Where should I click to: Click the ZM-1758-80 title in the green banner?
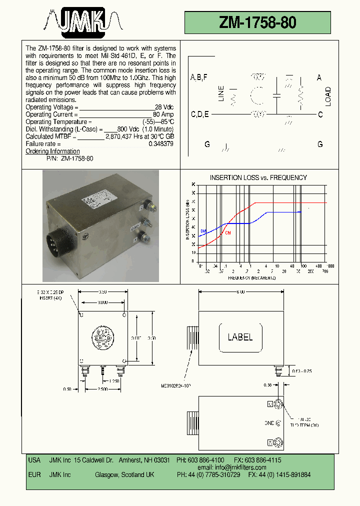tap(257, 22)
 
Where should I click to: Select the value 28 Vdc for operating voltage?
tap(164, 107)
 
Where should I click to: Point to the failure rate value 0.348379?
tap(161, 143)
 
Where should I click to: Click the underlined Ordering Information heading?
tap(52, 151)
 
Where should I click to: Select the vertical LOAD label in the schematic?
tap(328, 96)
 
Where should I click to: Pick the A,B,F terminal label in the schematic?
tap(199, 77)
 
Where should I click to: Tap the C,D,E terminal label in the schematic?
tap(200, 114)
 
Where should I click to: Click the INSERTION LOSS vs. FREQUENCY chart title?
tap(258, 177)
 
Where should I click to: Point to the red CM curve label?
tap(228, 233)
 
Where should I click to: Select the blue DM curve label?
tap(203, 231)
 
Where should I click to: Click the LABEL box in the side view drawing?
tap(240, 337)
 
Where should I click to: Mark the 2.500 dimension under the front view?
tap(102, 389)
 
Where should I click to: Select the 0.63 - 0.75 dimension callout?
tap(301, 371)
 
